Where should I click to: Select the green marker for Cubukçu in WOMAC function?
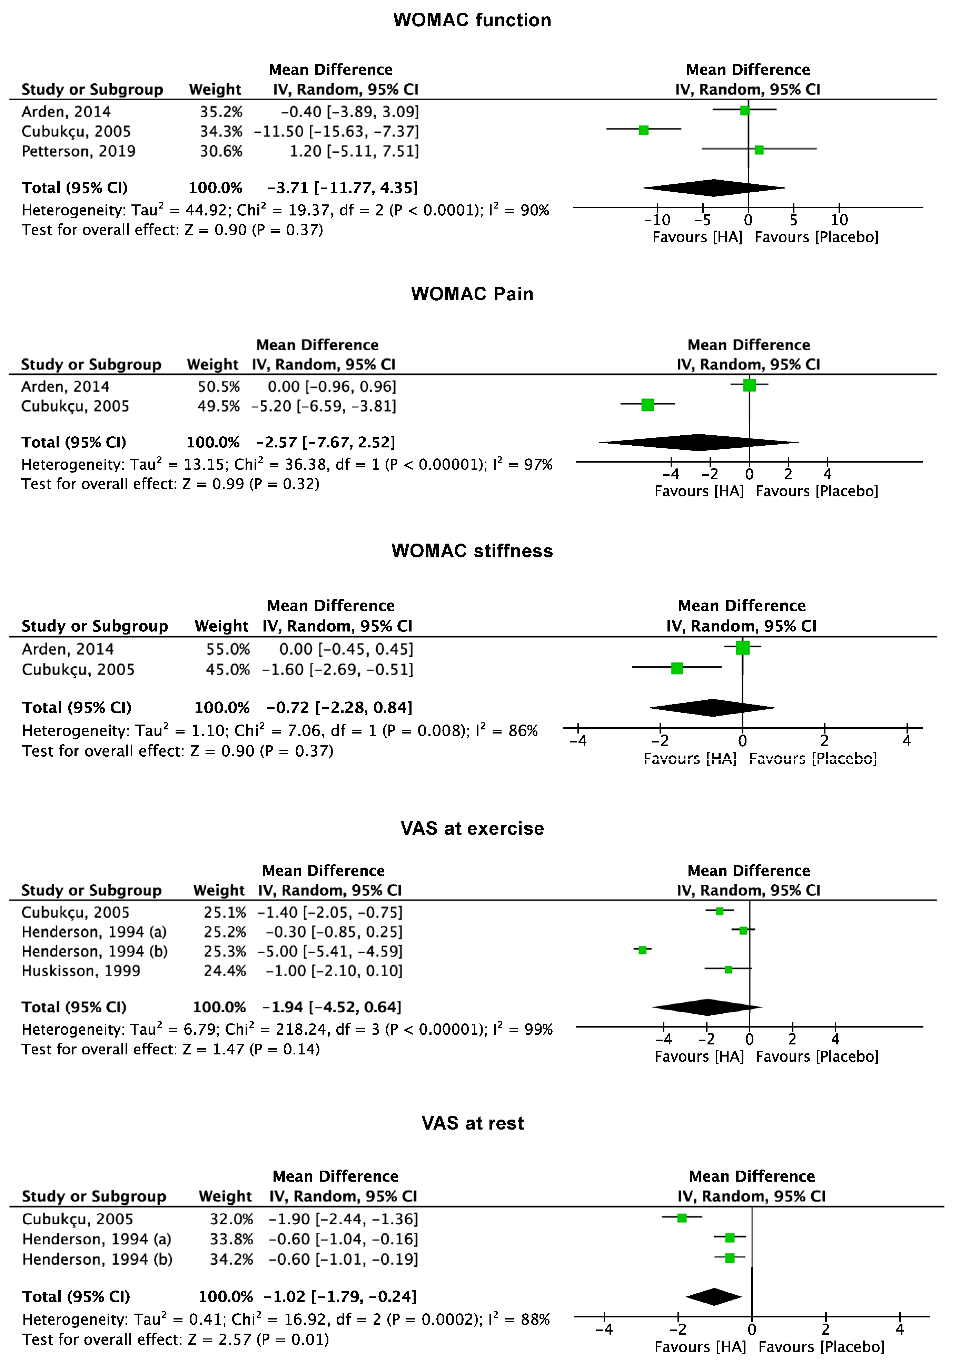[644, 130]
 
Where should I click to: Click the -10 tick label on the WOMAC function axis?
[657, 220]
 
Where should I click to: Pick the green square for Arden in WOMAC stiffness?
[742, 648]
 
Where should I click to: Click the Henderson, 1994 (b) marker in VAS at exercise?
[642, 950]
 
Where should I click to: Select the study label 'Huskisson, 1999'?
[81, 971]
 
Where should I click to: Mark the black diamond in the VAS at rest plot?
[714, 1297]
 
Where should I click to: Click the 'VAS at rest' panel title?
[472, 1123]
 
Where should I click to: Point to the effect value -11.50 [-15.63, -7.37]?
[337, 131]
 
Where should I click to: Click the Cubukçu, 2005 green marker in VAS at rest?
[682, 1218]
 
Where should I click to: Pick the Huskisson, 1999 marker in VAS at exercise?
[728, 970]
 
